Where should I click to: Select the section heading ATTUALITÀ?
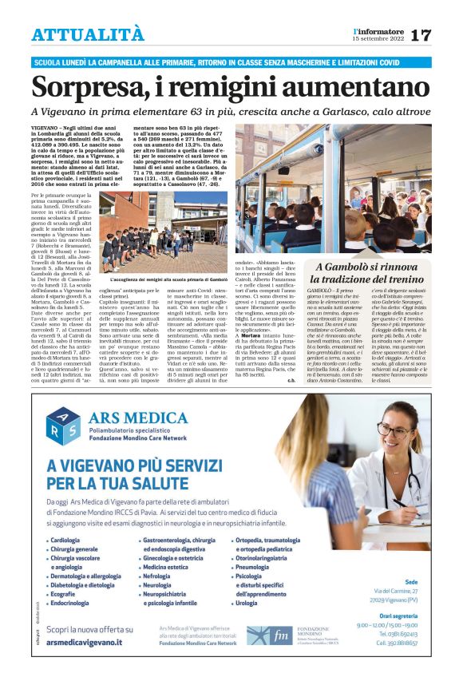coord(88,34)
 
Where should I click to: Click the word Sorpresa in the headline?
coord(93,86)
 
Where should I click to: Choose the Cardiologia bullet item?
coord(69,541)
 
